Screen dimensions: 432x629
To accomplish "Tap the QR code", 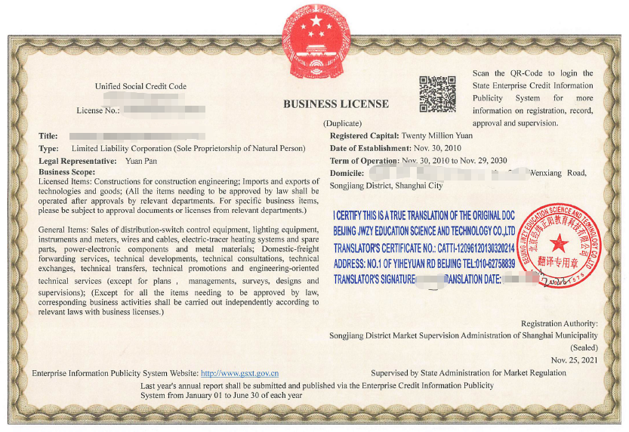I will pyautogui.click(x=437, y=94).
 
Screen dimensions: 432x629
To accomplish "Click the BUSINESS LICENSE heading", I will pyautogui.click(x=336, y=104).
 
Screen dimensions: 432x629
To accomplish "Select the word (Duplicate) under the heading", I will pyautogui.click(x=343, y=123).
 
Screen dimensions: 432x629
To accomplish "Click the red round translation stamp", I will pyautogui.click(x=560, y=245).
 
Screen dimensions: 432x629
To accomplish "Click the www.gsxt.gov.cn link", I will pyautogui.click(x=239, y=373).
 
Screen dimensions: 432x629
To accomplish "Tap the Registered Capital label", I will pyautogui.click(x=364, y=136).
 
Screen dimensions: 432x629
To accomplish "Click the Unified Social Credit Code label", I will pyautogui.click(x=140, y=87).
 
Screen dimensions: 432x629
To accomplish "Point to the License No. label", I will pyautogui.click(x=98, y=110).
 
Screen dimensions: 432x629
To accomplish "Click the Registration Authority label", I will pyautogui.click(x=559, y=323).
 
